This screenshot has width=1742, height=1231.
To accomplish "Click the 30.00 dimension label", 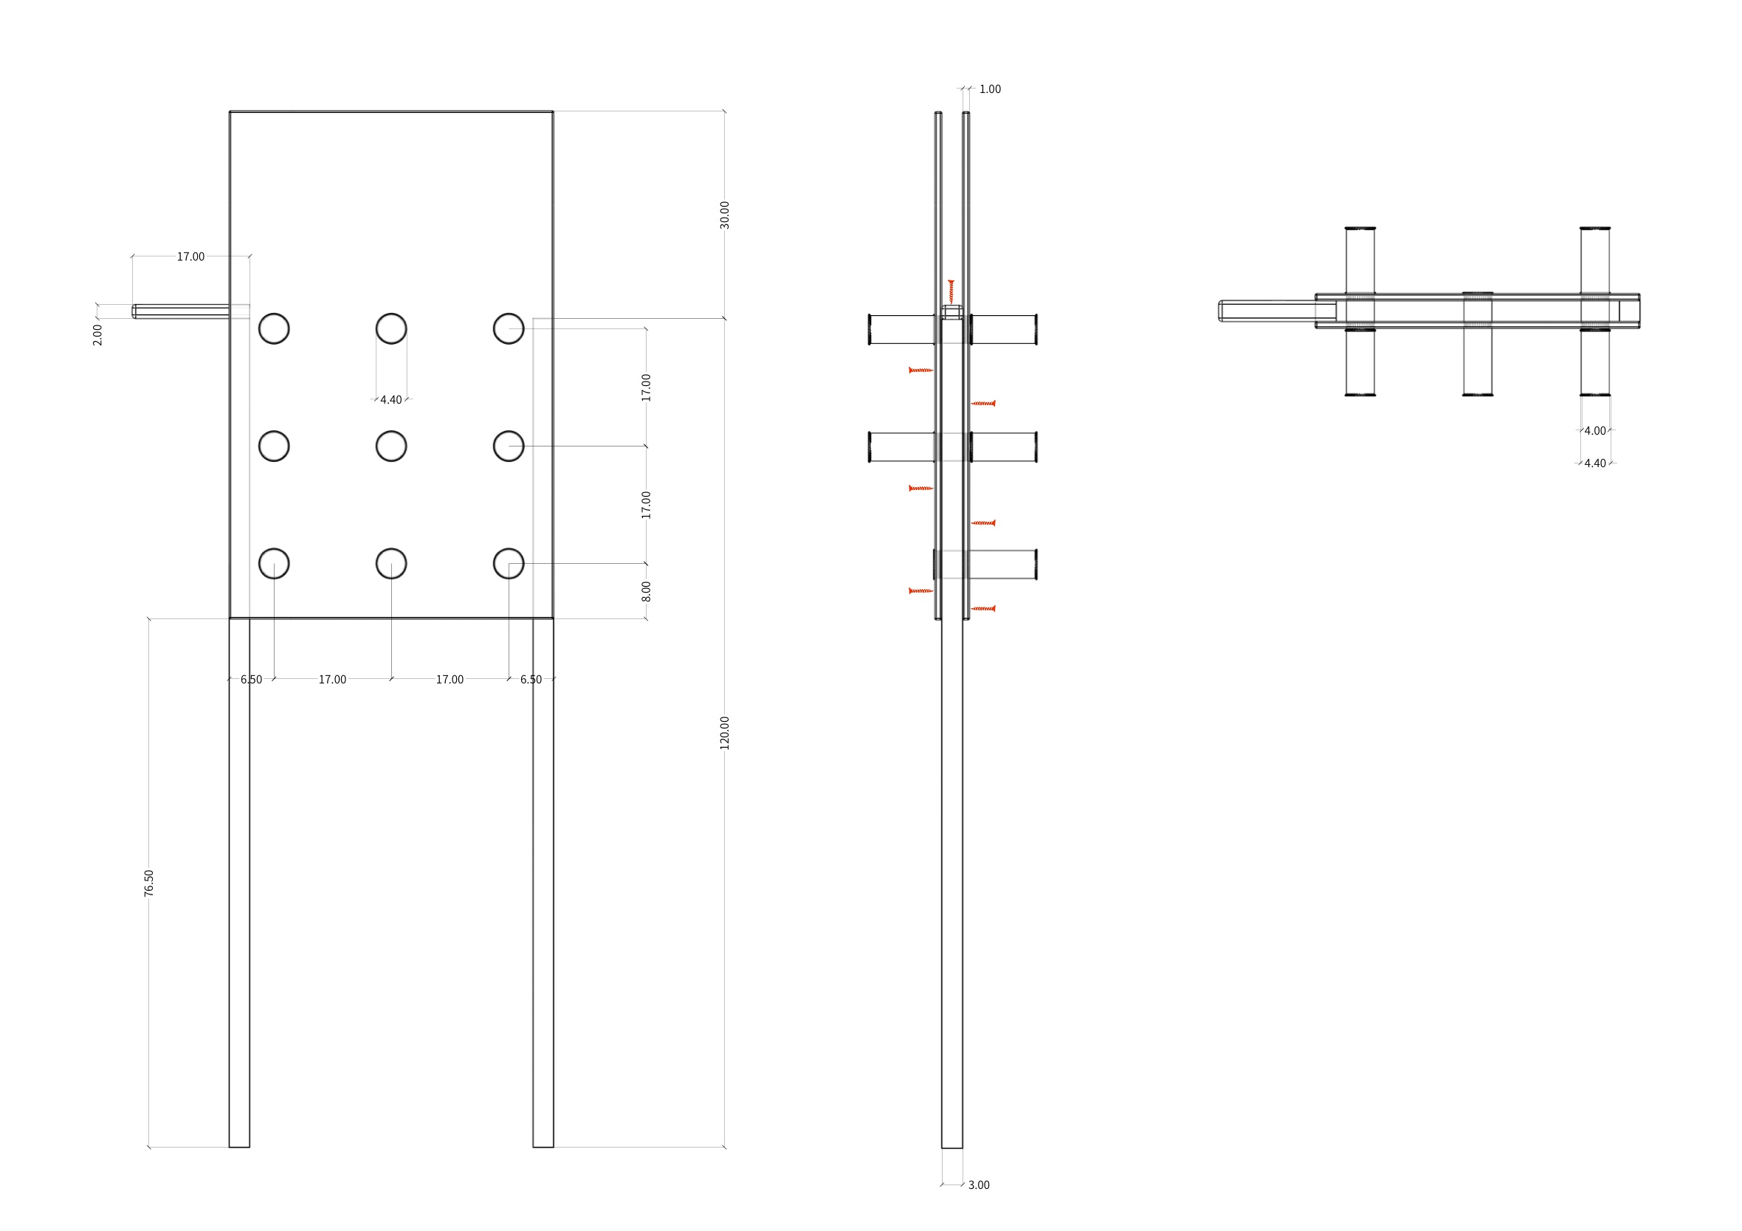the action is tap(725, 215).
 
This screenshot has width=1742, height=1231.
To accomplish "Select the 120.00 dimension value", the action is tap(725, 733).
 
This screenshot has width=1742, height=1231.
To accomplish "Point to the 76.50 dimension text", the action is tap(148, 883).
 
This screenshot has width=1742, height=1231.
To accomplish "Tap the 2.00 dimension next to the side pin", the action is tap(97, 334).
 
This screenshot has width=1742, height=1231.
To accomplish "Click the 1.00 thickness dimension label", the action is tap(990, 89).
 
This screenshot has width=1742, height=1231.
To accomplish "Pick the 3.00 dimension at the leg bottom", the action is tap(979, 1185).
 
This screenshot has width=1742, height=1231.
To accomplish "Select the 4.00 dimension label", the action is tap(1595, 431).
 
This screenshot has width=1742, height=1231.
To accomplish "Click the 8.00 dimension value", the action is tap(647, 592).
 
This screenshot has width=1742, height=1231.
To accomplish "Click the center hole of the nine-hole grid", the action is tap(391, 446).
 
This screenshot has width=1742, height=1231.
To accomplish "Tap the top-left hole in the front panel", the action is tap(274, 328).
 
